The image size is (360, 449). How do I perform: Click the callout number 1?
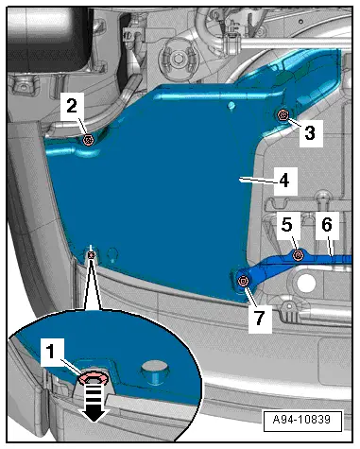[51, 352]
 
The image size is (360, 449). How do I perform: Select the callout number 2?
[72, 106]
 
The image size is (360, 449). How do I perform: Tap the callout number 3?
[310, 133]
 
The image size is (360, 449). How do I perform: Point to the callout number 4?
[284, 181]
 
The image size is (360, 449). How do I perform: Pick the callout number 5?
[287, 225]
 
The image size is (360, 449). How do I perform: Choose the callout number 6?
[327, 225]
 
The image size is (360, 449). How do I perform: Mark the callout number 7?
[260, 317]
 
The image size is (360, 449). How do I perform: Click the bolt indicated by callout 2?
[88, 139]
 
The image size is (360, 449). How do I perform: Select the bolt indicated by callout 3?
[283, 115]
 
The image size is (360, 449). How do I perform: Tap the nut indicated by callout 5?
[298, 255]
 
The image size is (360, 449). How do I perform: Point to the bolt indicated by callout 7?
[243, 281]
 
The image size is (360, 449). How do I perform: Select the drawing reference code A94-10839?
[301, 420]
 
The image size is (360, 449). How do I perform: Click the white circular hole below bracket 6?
[305, 283]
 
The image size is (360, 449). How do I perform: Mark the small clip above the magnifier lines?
[91, 254]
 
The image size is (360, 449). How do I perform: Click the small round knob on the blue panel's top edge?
[231, 105]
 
